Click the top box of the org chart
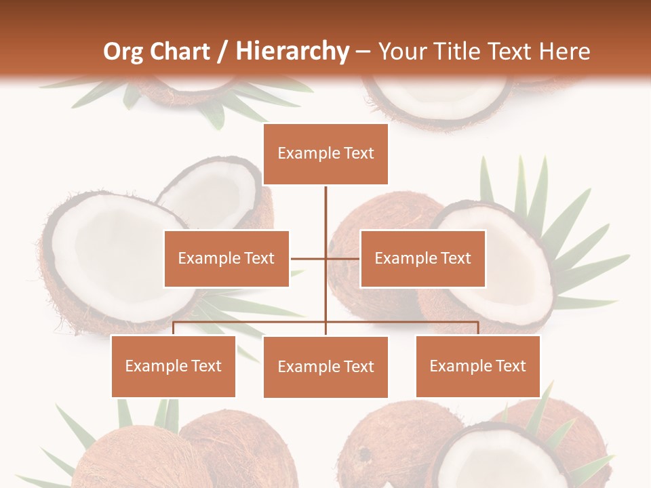325,154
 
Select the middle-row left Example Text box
226,258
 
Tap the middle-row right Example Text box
422,258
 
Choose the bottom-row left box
174,366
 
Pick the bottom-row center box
325,367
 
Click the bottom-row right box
477,366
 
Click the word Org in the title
123,52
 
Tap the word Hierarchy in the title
292,52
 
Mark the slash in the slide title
223,52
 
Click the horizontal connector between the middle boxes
325,258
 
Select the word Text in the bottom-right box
510,366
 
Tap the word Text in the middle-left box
259,258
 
